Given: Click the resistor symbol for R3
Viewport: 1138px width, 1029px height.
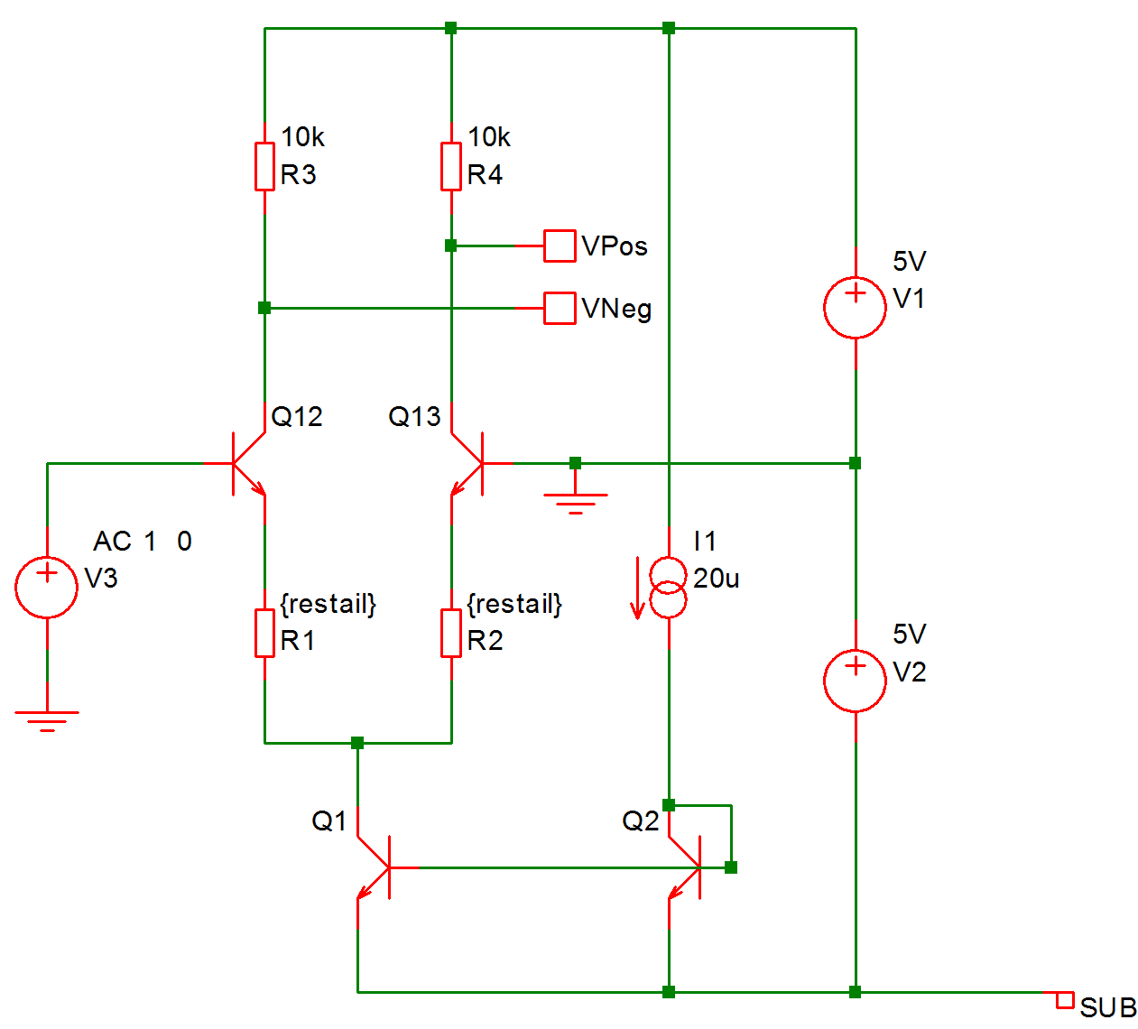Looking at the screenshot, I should tap(264, 166).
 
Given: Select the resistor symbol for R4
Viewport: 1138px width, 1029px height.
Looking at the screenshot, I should tap(451, 166).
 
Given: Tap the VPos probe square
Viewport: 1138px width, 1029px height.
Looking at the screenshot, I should tap(560, 246).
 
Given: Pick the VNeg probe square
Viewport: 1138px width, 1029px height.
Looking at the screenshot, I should tap(560, 308).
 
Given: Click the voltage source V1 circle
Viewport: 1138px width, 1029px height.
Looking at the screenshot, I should tap(855, 308).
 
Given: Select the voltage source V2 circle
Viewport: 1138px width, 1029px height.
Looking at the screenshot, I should tap(855, 681).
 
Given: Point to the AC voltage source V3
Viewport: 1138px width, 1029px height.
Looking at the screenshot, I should tap(47, 587).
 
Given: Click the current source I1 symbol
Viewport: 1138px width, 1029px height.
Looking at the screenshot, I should tap(669, 588).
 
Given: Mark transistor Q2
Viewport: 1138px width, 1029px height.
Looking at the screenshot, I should tap(687, 867).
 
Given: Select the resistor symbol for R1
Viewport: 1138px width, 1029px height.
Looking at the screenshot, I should tap(264, 633).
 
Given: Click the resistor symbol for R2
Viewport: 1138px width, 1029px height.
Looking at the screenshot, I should tap(451, 633).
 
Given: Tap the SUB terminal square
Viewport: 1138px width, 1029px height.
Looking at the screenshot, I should tap(1065, 1000).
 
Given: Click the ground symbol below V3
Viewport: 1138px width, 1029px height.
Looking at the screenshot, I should tap(47, 719).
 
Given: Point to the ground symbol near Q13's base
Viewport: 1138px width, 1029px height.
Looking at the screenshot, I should tap(576, 502).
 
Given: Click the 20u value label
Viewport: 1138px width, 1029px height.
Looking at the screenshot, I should tap(717, 579).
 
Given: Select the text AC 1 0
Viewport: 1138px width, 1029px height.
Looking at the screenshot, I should tap(143, 542).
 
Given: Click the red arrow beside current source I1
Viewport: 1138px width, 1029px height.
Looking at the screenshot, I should tap(637, 589).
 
